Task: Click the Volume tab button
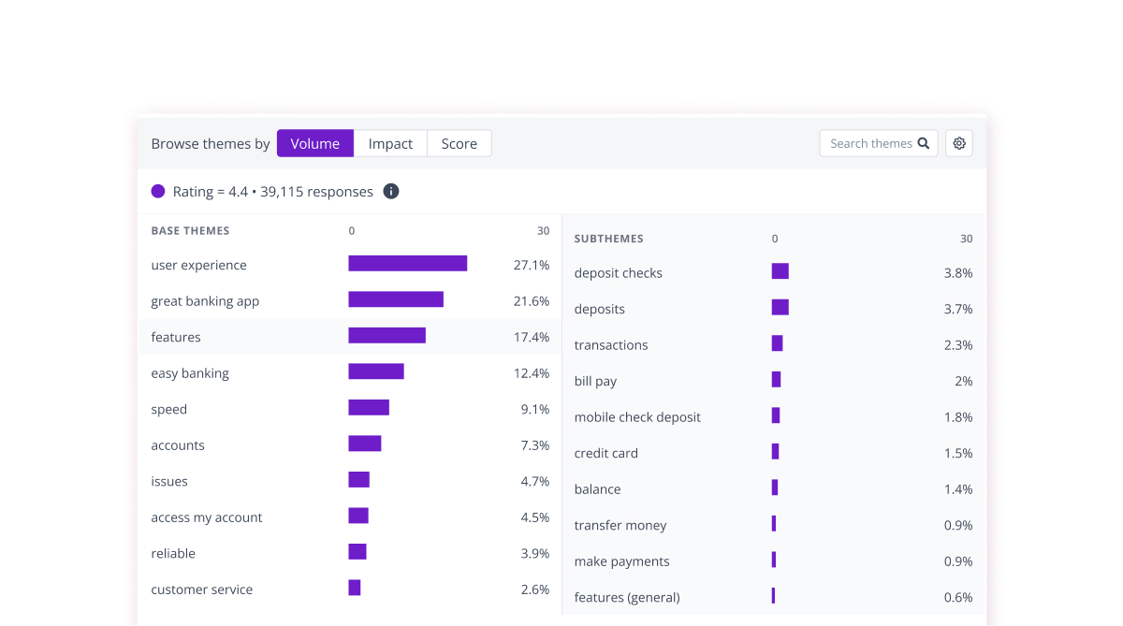(315, 143)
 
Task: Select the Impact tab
(390, 143)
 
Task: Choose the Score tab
(459, 143)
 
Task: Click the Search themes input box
(870, 143)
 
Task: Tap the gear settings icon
(959, 143)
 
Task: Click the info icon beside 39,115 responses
(391, 191)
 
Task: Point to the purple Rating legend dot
(158, 191)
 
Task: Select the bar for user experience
(407, 264)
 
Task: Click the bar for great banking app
(396, 299)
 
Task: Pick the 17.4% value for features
(532, 337)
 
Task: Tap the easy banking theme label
(190, 373)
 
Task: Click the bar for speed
(369, 408)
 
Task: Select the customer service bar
(355, 588)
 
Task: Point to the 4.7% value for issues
(534, 481)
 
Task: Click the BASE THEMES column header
(190, 230)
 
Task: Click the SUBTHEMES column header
(608, 239)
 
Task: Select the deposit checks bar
(780, 271)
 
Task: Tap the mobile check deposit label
(637, 417)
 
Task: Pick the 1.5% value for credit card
(958, 453)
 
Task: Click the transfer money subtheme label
(620, 525)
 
